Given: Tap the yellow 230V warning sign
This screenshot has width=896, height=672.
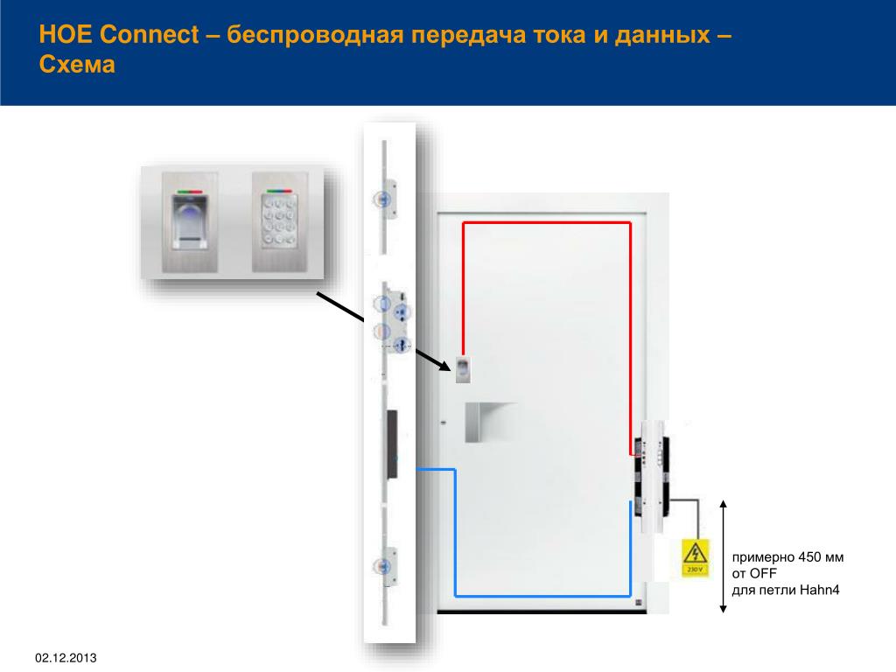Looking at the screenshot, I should pos(695,557).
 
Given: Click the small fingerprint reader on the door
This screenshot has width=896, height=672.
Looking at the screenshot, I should pos(464,368).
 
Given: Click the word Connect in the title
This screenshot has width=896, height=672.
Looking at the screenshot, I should pos(150,37).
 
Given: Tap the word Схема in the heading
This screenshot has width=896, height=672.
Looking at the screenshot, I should pos(78,66).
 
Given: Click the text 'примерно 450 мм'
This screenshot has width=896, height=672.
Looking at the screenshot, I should pos(787,557).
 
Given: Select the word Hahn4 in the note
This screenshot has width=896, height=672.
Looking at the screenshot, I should pos(819,590).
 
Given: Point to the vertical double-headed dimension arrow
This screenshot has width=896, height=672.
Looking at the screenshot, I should pos(723,556).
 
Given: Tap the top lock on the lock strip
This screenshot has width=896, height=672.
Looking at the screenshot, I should pos(385,199).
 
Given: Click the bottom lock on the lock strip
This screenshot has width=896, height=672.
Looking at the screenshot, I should pos(385,565).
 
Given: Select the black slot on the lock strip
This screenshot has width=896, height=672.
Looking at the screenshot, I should pos(389,444).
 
